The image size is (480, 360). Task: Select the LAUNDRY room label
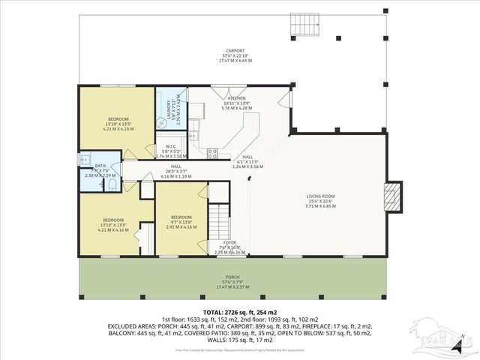(169, 110)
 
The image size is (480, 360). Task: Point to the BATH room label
(100, 165)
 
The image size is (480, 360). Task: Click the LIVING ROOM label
(320, 196)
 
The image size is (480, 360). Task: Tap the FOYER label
(229, 242)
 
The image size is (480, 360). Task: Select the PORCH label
(232, 276)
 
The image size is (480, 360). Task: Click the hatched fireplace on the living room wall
(392, 196)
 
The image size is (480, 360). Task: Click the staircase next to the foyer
(217, 221)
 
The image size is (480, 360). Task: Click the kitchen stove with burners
(212, 154)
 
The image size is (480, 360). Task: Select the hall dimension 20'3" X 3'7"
(175, 171)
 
